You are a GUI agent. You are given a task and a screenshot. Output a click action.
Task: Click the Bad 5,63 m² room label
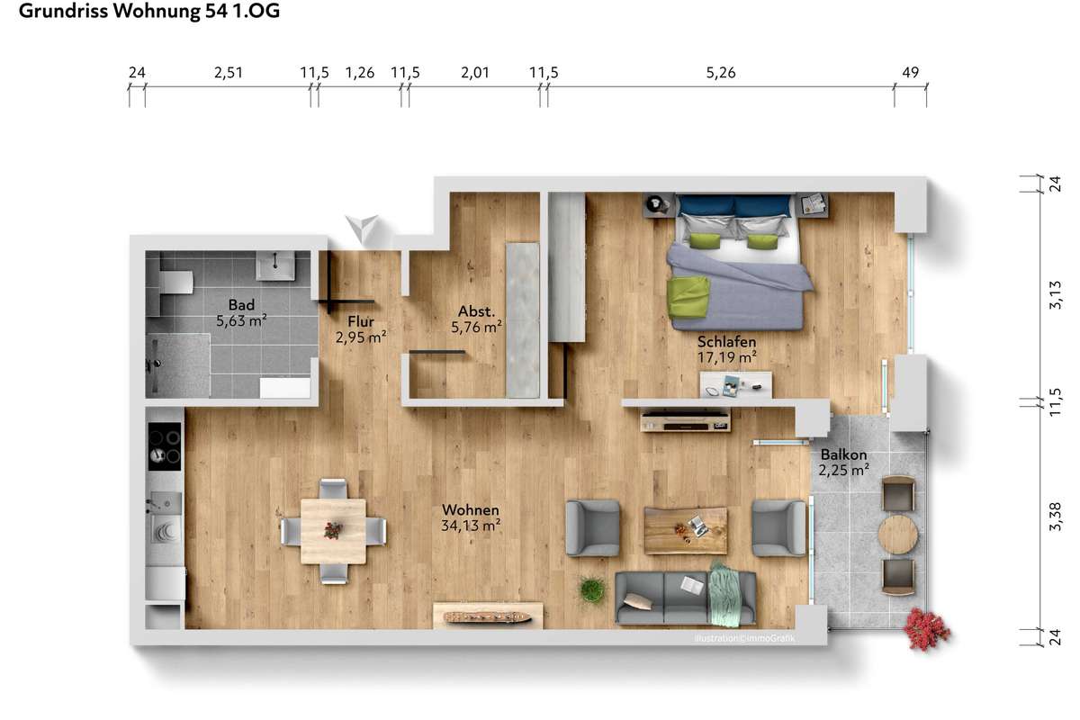pos(241,312)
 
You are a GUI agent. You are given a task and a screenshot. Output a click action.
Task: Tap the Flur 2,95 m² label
pos(361,329)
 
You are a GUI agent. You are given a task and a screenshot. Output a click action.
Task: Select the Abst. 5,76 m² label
pos(476,319)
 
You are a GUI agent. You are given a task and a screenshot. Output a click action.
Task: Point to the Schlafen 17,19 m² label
pos(726,349)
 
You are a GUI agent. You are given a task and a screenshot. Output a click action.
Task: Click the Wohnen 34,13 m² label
pos(471,517)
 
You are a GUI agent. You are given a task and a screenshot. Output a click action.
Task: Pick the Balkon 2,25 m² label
pos(844,462)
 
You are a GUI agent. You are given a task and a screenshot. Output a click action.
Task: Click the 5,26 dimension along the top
pos(721,73)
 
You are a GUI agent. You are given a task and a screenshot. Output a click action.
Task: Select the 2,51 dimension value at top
pos(228,73)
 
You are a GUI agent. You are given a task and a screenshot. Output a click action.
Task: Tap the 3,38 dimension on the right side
pos(1055,517)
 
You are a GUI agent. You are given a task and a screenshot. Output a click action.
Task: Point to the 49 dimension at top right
pos(910,72)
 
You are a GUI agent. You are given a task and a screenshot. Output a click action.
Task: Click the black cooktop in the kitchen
pos(165,446)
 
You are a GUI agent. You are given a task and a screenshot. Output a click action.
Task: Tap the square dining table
pos(333,531)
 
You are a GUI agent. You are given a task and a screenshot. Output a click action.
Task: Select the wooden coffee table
pos(686,530)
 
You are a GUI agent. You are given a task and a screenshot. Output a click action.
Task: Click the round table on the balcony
pos(898,535)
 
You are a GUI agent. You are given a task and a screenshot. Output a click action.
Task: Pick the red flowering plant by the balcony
pos(926,629)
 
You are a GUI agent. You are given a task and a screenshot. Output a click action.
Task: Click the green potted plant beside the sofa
pos(592,589)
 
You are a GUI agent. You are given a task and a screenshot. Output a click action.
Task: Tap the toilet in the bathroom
pos(175,282)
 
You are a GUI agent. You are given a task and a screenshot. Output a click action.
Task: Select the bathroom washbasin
pos(274,265)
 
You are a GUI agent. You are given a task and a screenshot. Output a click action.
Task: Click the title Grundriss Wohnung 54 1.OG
pos(149,11)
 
